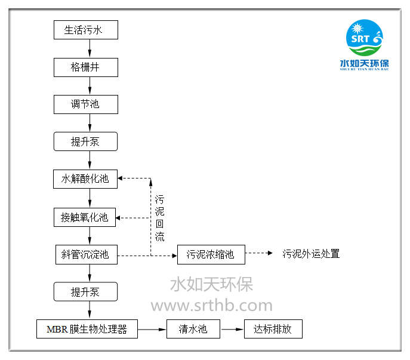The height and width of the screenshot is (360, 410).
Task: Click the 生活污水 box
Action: coord(85,30)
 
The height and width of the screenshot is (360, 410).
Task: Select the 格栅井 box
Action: coord(85,67)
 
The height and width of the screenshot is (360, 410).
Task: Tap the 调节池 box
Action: coord(85,104)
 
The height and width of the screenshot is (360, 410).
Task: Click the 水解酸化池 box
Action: coord(85,179)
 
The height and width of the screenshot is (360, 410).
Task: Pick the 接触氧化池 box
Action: coord(85,217)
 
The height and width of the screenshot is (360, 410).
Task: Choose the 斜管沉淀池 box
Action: coord(85,254)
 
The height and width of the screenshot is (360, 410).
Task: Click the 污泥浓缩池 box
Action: coord(211,254)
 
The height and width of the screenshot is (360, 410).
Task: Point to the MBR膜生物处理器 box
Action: coord(87,329)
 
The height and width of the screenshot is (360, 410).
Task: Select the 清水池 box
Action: coord(193,329)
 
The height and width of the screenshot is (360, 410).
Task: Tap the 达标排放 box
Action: coord(273,329)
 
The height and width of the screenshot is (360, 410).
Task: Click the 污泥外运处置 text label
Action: coord(311,254)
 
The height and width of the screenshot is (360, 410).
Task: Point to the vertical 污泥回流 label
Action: coord(159,218)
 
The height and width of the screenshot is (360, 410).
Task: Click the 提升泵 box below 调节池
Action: coord(85,141)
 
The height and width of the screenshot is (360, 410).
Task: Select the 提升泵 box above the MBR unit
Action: coord(85,291)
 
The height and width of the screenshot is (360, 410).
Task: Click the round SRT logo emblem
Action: coord(363,38)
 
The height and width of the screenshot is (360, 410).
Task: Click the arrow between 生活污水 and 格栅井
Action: coord(90,48)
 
